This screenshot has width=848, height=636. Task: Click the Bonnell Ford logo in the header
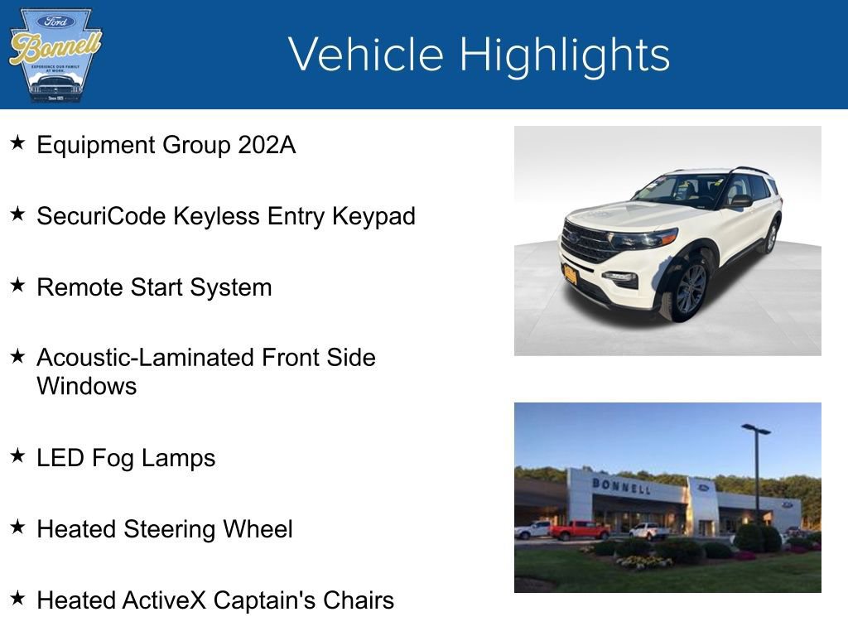(55, 55)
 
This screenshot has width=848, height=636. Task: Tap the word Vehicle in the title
(367, 55)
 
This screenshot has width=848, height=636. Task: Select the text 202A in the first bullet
(266, 145)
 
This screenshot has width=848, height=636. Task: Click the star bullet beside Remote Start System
(17, 286)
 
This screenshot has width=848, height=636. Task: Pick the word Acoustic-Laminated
(145, 358)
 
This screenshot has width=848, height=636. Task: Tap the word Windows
(86, 386)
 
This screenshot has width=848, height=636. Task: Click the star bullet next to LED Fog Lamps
(17, 456)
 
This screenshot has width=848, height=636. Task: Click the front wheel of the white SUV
(689, 290)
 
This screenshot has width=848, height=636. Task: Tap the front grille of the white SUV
(586, 243)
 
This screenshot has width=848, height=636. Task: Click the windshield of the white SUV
(681, 190)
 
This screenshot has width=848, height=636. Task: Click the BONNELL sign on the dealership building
(620, 485)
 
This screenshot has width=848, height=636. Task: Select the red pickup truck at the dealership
(579, 530)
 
